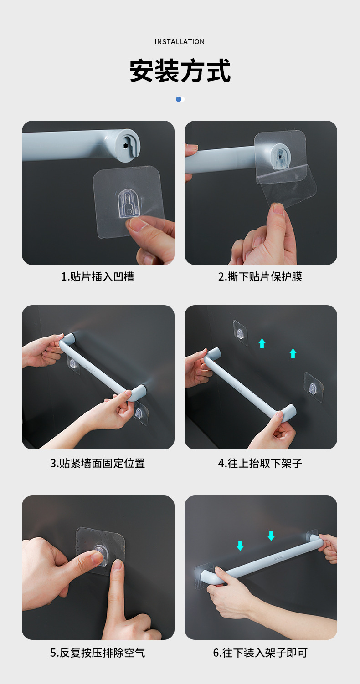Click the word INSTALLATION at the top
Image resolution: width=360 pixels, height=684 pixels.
click(180, 42)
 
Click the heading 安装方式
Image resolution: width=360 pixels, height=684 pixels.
click(180, 71)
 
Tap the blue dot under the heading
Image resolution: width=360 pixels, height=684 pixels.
click(179, 99)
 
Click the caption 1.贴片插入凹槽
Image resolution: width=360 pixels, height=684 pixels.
click(98, 276)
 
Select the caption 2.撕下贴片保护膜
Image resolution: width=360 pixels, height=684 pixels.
click(260, 276)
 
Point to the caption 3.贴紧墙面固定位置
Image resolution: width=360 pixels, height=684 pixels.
click(98, 463)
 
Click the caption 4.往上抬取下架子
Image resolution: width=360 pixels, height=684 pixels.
click(260, 463)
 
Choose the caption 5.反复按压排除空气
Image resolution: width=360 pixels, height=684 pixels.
click(98, 653)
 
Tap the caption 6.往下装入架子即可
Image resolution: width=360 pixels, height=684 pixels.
click(260, 653)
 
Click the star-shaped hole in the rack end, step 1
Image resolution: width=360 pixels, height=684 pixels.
click(126, 146)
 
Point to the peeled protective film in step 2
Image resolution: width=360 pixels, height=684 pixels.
click(292, 187)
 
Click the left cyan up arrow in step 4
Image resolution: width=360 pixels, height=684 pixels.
click(262, 343)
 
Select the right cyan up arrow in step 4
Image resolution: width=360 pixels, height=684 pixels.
click(293, 353)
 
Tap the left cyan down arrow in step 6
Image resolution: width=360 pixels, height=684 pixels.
click(240, 545)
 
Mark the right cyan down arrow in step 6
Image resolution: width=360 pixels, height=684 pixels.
click(271, 536)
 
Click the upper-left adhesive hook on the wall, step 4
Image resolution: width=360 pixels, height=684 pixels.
click(240, 333)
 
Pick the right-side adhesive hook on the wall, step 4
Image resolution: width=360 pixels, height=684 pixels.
click(313, 388)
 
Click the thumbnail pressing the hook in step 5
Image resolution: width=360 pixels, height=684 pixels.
click(97, 556)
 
